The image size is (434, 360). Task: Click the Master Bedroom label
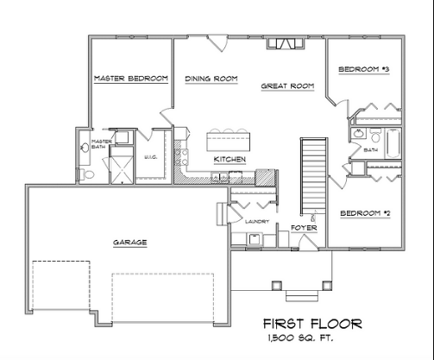pyautogui.click(x=130, y=79)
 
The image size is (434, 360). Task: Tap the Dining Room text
pyautogui.click(x=211, y=79)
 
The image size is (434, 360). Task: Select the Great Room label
pyautogui.click(x=287, y=86)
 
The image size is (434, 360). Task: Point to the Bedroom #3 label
pyautogui.click(x=364, y=69)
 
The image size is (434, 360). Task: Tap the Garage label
pyautogui.click(x=129, y=243)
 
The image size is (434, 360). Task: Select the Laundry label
pyautogui.click(x=257, y=222)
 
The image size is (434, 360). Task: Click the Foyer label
pyautogui.click(x=303, y=228)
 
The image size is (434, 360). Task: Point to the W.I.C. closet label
pyautogui.click(x=149, y=157)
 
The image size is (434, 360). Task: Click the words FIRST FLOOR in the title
pyautogui.click(x=312, y=325)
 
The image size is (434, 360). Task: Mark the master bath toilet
pyautogui.click(x=87, y=174)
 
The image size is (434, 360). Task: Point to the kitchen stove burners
pyautogui.click(x=180, y=156)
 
